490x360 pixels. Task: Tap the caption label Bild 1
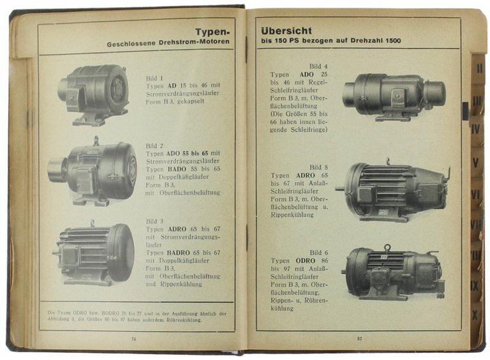[154, 78]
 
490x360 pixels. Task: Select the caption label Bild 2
[154, 146]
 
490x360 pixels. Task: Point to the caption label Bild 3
[154, 221]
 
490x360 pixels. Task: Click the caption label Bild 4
[318, 66]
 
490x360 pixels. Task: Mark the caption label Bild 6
[318, 253]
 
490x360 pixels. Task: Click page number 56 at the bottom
[134, 338]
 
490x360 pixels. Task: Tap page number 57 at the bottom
[359, 338]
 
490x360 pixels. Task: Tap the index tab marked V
[475, 162]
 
